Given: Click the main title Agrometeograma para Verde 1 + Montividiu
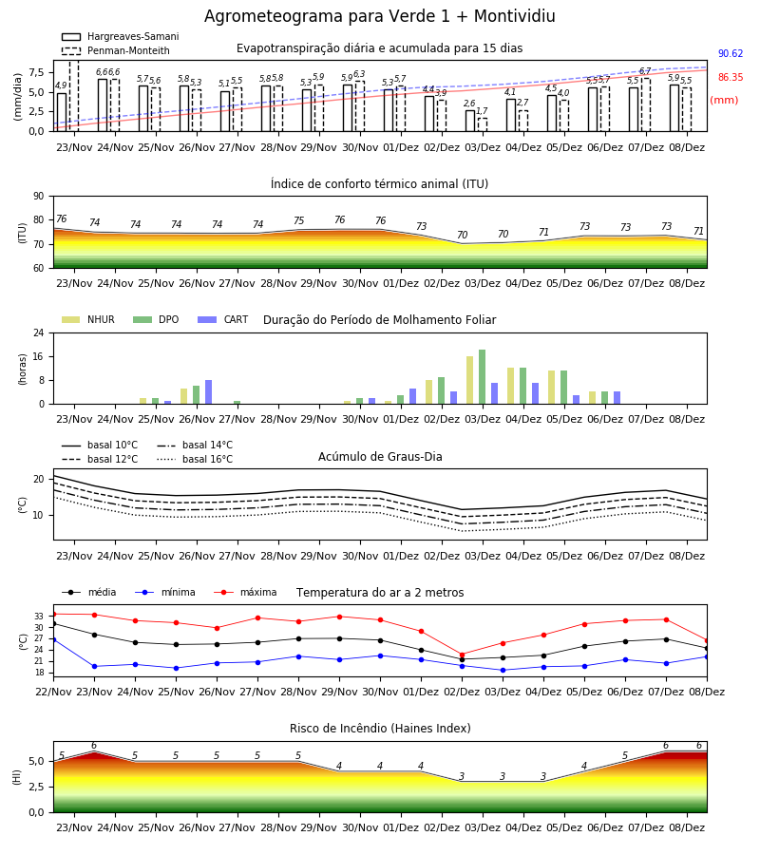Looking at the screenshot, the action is point(379,16).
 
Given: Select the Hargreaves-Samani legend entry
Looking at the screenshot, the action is point(121,36).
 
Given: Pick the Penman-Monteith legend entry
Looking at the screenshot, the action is point(116,50).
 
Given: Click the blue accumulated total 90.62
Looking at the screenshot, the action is point(731,53).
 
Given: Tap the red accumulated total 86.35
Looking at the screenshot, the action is point(731,78).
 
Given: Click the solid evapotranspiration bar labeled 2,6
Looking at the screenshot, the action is point(470,121).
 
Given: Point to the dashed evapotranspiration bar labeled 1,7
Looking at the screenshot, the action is point(483,124).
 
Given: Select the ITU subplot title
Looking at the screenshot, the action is point(379,183).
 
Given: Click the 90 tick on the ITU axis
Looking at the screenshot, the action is point(39,197).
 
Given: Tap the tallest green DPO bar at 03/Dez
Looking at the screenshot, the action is point(482,377).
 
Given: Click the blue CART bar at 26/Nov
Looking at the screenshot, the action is point(208,392).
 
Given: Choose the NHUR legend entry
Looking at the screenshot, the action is point(88,319).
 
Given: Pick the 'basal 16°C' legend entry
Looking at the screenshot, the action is point(195,459).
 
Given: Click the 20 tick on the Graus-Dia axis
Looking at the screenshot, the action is point(39,480).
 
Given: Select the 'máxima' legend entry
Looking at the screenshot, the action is point(245,592).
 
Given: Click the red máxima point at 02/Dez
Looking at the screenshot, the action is point(463,655).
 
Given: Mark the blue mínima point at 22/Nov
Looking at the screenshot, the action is point(53,639).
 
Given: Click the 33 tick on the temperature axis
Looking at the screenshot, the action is point(39,617).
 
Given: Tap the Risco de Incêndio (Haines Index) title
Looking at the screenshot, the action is point(380,728).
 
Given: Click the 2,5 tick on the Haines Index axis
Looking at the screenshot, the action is point(36,787).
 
